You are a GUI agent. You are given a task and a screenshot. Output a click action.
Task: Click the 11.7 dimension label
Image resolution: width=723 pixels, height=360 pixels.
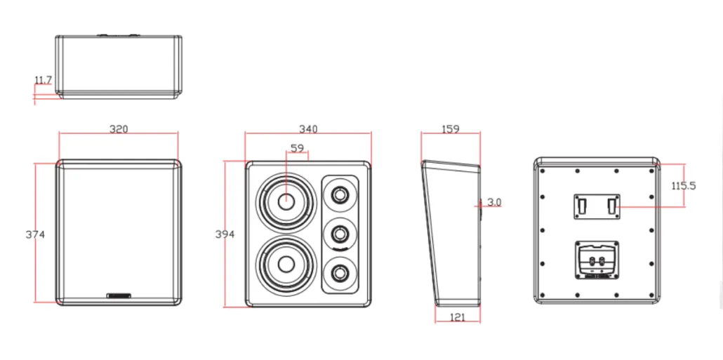43,81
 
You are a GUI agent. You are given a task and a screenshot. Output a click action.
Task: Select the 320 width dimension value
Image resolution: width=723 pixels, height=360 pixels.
119,130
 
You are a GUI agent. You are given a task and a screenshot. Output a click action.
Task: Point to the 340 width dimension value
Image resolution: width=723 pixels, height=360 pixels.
308,129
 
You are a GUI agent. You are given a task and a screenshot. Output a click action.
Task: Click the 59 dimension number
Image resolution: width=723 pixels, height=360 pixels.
297,148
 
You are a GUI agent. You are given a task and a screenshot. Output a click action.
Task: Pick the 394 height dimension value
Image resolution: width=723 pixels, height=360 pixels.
225,234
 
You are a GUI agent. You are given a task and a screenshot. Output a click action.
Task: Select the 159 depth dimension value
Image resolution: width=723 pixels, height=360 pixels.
450,129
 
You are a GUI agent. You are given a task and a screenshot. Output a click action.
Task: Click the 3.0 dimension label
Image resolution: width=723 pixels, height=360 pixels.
494,202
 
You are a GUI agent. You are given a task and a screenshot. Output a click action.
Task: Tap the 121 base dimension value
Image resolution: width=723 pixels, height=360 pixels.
456,317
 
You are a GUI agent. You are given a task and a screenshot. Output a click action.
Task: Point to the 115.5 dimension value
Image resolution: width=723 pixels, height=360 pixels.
683,186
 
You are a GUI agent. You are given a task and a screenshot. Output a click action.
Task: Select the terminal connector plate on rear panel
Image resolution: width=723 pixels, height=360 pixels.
596,260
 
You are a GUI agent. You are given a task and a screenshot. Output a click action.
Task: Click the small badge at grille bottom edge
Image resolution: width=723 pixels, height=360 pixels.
119,295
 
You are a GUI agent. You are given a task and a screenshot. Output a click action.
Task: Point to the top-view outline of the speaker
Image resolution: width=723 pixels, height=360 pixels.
119,66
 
